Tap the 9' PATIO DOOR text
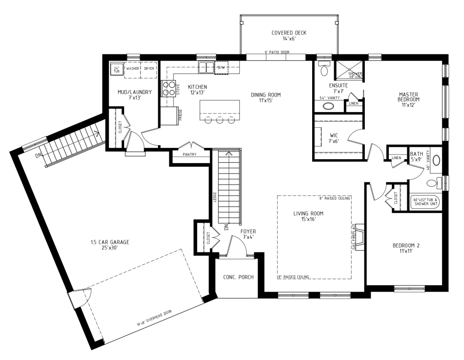tap(276, 52)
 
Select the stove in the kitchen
tap(168, 88)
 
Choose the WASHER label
tap(133, 69)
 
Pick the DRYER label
tap(149, 69)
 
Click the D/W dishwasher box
tap(222, 67)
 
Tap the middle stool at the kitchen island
tap(220, 120)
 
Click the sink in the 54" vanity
tap(328, 107)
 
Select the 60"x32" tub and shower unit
tap(425, 202)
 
